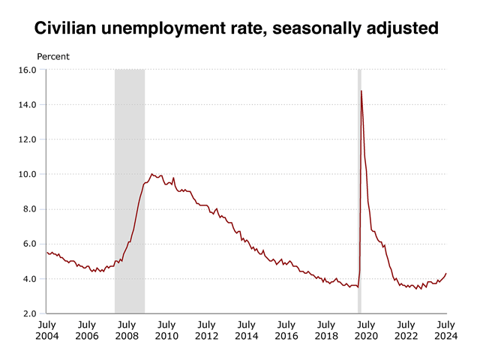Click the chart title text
pyautogui.click(x=240, y=29)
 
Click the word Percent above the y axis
pyautogui.click(x=53, y=57)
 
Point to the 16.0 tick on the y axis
pyautogui.click(x=28, y=70)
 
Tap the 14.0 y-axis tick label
pyautogui.click(x=28, y=104)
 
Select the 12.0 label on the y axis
pyautogui.click(x=28, y=139)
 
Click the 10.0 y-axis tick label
pyautogui.click(x=28, y=174)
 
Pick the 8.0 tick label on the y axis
pyautogui.click(x=30, y=209)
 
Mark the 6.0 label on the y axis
pyautogui.click(x=30, y=244)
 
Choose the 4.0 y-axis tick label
pyautogui.click(x=30, y=279)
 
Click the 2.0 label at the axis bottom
pyautogui.click(x=30, y=313)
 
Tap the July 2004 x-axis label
pyautogui.click(x=46, y=330)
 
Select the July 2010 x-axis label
pyautogui.click(x=166, y=330)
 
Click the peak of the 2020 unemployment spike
pyautogui.click(x=361, y=91)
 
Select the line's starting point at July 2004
pyautogui.click(x=46, y=253)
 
